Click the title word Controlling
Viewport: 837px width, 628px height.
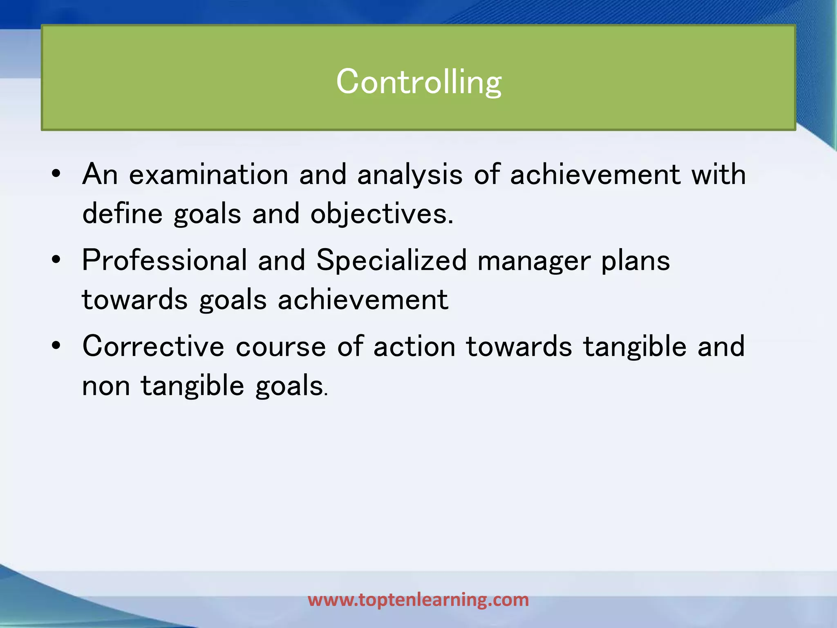point(418,82)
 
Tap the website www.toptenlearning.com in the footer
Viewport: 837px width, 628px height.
point(418,600)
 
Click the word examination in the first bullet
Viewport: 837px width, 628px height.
point(209,175)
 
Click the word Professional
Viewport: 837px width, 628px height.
point(165,260)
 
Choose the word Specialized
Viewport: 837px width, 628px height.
point(392,260)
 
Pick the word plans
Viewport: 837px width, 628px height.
point(636,261)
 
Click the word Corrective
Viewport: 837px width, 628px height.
point(153,346)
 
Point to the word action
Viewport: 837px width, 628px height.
point(414,347)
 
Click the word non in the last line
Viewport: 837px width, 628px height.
point(106,386)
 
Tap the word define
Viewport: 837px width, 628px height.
point(122,214)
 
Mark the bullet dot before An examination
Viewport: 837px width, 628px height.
point(56,175)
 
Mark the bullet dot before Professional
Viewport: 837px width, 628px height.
point(56,260)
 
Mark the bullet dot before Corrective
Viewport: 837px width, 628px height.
point(56,346)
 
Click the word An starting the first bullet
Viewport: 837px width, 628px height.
point(100,175)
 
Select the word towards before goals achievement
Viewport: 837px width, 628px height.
point(135,300)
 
